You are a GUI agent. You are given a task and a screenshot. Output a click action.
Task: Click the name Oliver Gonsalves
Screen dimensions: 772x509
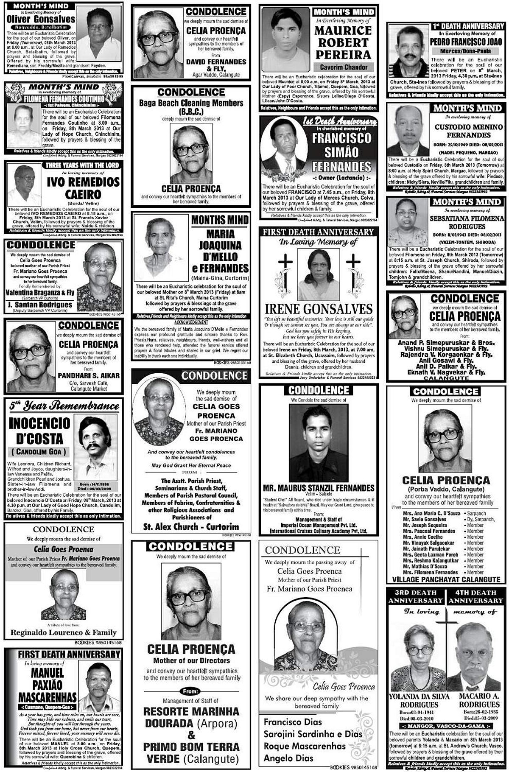coord(41,19)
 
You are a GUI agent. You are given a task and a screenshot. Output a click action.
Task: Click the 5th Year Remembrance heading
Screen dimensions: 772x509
coord(64,406)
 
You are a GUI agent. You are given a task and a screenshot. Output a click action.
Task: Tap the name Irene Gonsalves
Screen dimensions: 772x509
coord(319,309)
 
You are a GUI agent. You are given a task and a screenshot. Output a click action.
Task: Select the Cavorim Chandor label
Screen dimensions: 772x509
coord(344,67)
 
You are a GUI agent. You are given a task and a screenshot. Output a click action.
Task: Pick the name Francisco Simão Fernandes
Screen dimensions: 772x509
coord(341,152)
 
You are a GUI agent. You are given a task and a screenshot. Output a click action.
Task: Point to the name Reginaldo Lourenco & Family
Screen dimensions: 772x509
coord(64,632)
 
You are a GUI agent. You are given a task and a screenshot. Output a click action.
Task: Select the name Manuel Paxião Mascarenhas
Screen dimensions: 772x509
coord(48,685)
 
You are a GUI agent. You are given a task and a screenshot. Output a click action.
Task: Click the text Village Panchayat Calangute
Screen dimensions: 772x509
coord(446,579)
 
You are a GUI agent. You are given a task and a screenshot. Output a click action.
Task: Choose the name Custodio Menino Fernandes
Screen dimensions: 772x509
coord(468,131)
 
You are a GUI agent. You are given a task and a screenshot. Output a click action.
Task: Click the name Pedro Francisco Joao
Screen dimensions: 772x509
coord(467,42)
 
